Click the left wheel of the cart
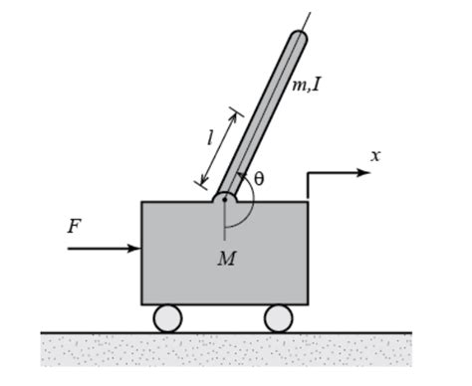coord(167,318)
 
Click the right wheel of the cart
coord(278,318)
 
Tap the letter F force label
coord(74,227)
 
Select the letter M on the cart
coord(226,260)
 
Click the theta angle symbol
coord(259,179)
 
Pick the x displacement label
coord(375,155)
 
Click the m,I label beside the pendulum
coord(306,86)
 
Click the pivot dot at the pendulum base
coord(225,198)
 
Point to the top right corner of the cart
coord(307,202)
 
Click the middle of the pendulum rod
coord(261,117)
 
